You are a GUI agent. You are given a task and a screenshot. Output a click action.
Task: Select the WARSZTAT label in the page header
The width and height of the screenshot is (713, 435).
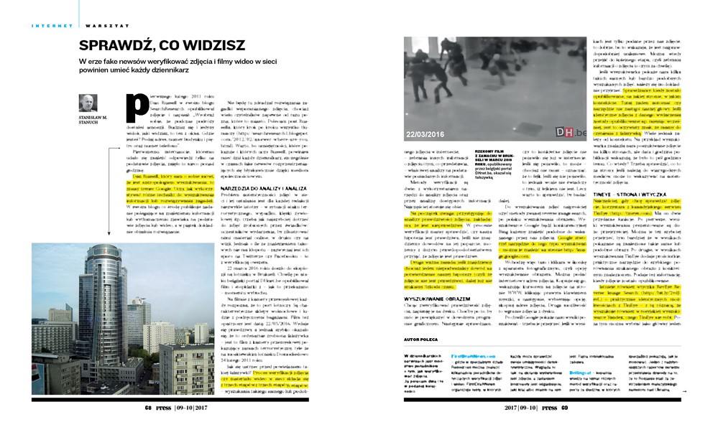[98, 25]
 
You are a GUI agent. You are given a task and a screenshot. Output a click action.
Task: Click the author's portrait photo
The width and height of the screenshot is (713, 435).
[88, 103]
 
